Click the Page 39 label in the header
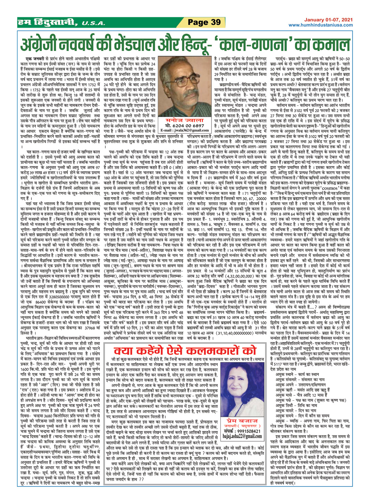point(204,22)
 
